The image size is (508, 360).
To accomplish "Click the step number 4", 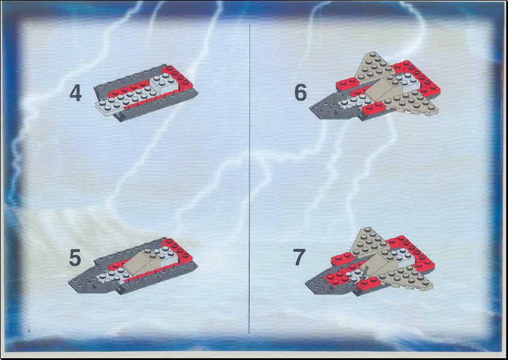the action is click(x=76, y=93).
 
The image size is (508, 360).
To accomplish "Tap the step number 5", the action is click(x=75, y=258).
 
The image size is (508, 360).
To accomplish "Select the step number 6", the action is click(x=301, y=93).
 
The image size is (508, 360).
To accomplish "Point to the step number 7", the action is click(x=299, y=257).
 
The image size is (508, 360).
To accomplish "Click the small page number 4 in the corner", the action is click(x=29, y=331).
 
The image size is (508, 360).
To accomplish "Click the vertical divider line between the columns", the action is click(x=249, y=178).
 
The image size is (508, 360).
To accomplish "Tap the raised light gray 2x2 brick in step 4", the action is click(x=164, y=83).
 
